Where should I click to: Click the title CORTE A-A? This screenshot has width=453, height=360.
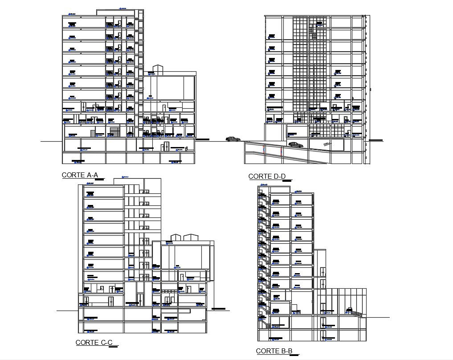point(80,175)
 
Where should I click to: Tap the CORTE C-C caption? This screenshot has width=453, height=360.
point(94,342)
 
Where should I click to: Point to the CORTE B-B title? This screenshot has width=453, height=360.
point(274,351)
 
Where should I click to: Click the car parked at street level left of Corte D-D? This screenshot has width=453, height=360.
point(232,139)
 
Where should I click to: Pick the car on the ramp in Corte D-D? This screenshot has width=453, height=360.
point(295,144)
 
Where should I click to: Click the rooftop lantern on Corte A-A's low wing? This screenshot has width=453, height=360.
point(158,69)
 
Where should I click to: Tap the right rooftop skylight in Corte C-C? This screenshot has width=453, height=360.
point(192,237)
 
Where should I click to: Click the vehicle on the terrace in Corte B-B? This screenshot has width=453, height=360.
point(350,310)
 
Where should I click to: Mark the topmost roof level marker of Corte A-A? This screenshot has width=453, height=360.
point(121,8)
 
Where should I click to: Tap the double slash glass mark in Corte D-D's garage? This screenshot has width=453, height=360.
point(327,143)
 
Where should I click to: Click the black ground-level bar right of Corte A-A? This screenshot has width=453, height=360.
point(202,140)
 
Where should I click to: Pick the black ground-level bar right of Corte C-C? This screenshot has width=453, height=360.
point(218,309)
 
